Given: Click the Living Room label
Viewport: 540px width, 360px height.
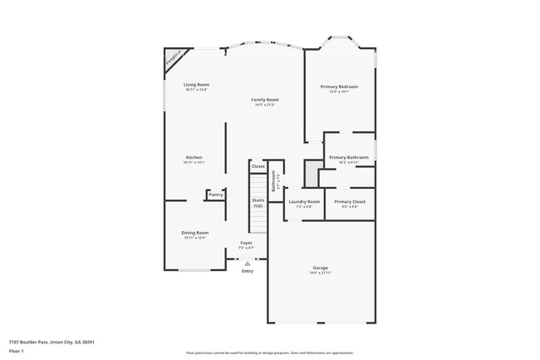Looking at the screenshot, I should (x=196, y=84).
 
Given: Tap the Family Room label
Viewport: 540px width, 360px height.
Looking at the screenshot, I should (x=265, y=100).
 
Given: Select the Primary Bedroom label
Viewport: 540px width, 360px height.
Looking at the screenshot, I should (x=339, y=86).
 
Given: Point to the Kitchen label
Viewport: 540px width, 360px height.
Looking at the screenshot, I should (x=194, y=157).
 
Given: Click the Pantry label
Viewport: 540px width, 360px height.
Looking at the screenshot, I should (x=215, y=195).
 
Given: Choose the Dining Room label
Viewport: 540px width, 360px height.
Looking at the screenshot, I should (x=196, y=233).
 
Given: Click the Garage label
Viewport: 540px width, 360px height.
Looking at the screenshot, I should (x=321, y=269).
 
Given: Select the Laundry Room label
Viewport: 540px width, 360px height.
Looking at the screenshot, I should (x=304, y=202).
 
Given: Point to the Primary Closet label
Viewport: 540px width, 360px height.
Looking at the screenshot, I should (x=349, y=202).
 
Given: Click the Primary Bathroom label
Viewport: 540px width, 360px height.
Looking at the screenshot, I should (x=348, y=157).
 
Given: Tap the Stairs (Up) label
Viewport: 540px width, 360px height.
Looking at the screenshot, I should (x=258, y=202).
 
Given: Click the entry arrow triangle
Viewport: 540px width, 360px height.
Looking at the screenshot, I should (x=247, y=263).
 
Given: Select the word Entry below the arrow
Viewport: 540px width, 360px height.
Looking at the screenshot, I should (x=247, y=271).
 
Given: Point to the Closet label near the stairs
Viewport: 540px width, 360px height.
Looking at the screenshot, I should (x=258, y=166).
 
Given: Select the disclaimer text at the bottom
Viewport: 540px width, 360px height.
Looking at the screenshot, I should (x=270, y=353).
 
